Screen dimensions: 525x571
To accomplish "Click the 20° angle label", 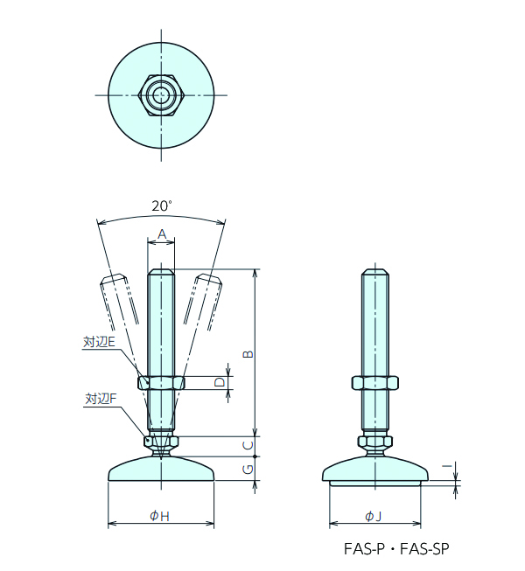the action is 161,206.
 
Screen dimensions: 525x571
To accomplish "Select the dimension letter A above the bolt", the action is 162,234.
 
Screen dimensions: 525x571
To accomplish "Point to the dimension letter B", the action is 248,353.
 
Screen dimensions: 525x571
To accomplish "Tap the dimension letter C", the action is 248,446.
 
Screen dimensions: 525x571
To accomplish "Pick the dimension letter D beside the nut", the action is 220,382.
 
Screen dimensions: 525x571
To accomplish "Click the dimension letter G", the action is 248,470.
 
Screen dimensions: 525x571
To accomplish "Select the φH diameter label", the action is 159,516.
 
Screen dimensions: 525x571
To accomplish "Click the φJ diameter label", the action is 373,516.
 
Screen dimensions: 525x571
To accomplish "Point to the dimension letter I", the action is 448,466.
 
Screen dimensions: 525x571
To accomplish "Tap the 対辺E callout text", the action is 99,342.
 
